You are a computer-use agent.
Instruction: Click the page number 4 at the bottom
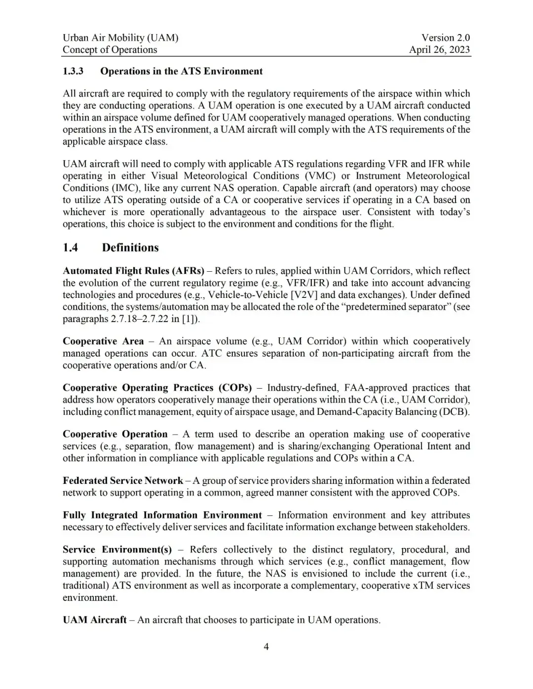(x=266, y=647)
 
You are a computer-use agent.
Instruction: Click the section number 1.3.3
(x=73, y=71)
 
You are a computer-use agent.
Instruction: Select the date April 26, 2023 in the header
(x=439, y=49)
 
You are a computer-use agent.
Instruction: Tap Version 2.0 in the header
(x=446, y=37)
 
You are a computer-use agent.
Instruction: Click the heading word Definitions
(x=130, y=248)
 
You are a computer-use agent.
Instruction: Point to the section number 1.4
(x=71, y=248)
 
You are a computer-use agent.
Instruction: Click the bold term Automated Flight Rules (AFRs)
(x=133, y=271)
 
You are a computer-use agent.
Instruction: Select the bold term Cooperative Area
(x=103, y=341)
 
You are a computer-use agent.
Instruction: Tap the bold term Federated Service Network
(x=123, y=480)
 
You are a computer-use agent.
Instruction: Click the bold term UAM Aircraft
(x=95, y=620)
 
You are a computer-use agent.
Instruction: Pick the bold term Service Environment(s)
(x=117, y=549)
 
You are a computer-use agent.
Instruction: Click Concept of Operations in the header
(x=110, y=49)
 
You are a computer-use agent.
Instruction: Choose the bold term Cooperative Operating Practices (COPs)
(x=157, y=388)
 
